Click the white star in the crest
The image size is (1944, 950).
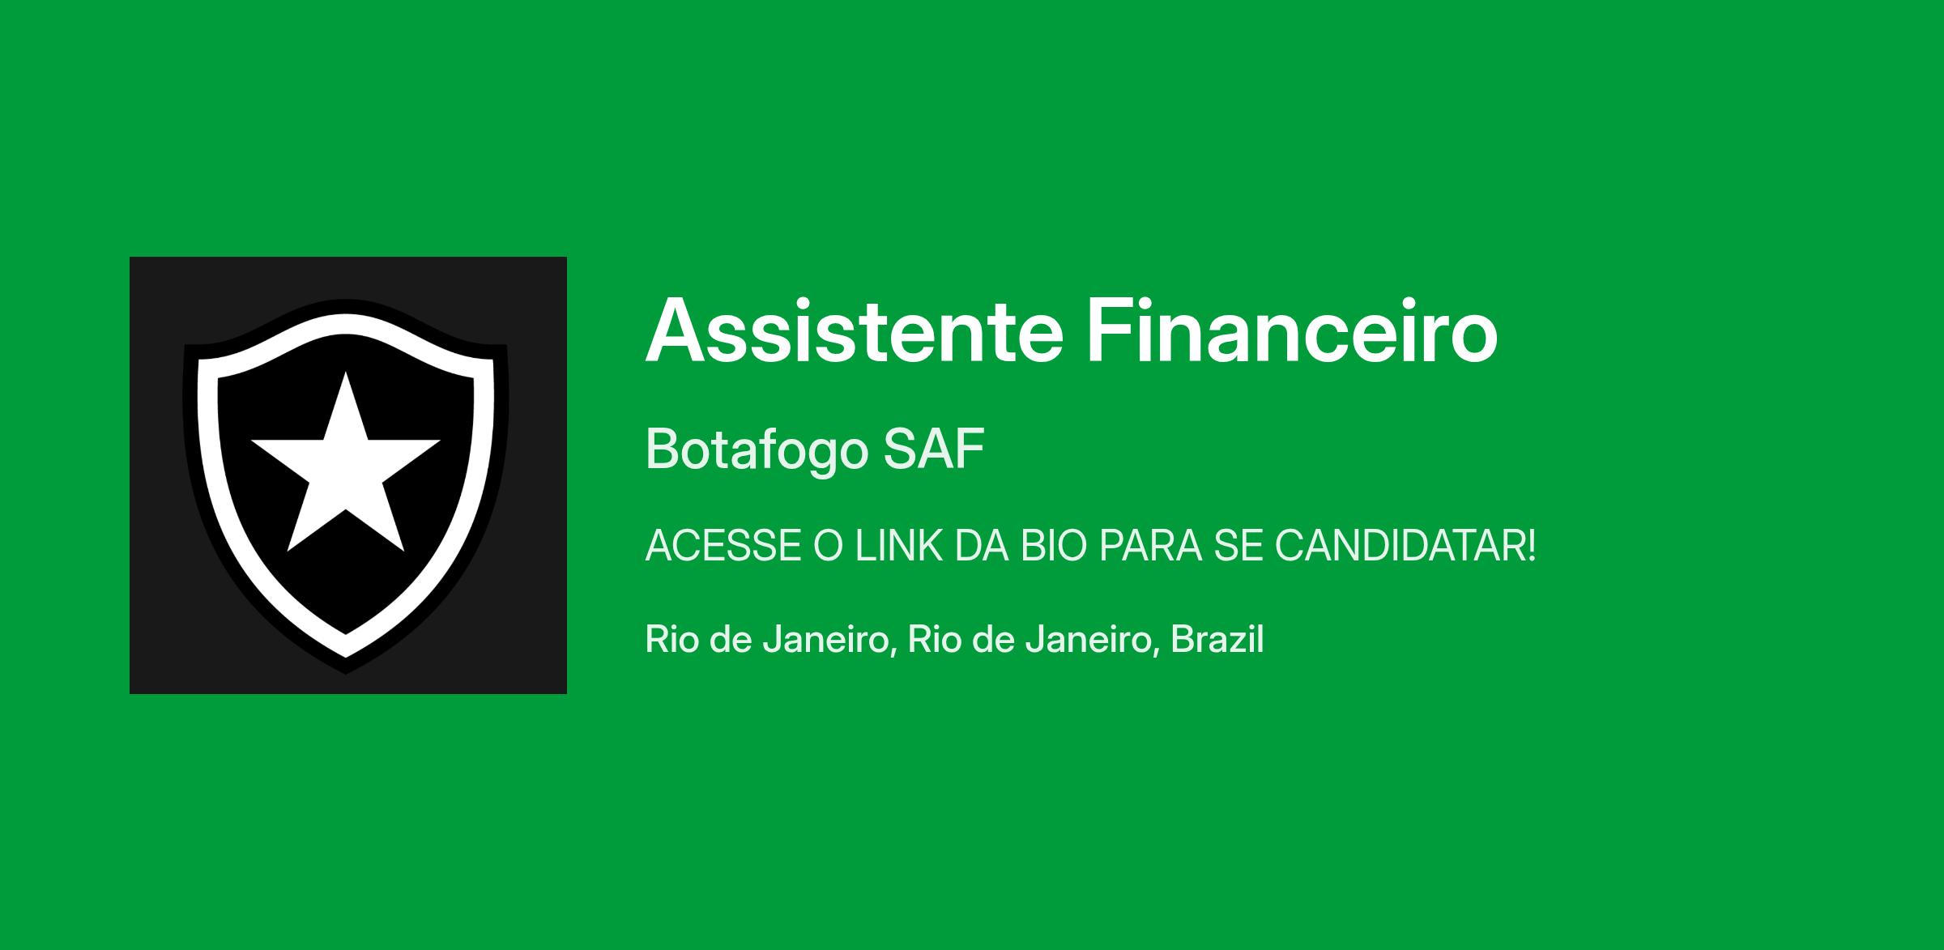pos(346,470)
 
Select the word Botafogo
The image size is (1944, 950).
pos(757,450)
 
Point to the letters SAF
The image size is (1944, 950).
pos(934,449)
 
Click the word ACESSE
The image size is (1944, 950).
pos(723,546)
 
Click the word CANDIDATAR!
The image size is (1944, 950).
pos(1405,546)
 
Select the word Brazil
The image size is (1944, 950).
pos(1217,639)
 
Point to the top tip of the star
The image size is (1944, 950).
pos(346,372)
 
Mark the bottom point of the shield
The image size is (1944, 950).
pos(346,673)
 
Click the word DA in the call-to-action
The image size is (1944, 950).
pos(982,546)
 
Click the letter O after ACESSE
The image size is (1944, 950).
pos(828,546)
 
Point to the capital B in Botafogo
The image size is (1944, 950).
pos(663,449)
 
